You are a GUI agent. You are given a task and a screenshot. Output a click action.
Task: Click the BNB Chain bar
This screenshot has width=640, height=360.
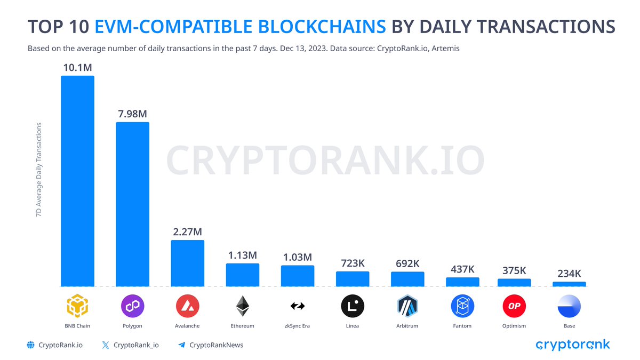pos(77,181)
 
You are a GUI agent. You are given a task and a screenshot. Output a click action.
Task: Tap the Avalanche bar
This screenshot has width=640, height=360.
pos(187,263)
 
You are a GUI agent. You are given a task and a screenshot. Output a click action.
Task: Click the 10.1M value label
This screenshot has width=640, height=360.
pos(77,68)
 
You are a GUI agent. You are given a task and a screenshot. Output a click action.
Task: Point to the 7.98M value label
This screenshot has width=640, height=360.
pos(132,114)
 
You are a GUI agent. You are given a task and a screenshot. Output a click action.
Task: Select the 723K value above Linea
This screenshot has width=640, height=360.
pos(353,263)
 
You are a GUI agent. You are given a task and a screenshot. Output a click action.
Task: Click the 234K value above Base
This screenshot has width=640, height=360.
pos(569,274)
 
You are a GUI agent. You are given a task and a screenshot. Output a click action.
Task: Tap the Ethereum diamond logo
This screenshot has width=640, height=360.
pos(242,306)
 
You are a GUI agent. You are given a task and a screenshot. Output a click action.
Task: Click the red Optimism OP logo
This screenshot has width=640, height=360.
pos(514,306)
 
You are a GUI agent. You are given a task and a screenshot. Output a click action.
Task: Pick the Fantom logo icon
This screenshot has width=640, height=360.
pos(462,306)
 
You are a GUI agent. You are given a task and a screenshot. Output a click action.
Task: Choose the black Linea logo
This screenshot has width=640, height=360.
pos(353,306)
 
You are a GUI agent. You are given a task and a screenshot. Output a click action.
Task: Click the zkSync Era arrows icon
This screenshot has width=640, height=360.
pos(297,306)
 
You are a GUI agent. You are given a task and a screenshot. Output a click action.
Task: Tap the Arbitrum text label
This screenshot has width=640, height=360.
pos(407,326)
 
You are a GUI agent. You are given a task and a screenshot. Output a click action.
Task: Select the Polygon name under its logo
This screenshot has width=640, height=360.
pos(132,326)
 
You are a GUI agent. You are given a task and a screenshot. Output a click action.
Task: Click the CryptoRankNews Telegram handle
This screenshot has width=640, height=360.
pos(216,345)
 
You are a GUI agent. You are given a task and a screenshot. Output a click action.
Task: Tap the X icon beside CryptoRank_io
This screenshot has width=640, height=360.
pos(106,345)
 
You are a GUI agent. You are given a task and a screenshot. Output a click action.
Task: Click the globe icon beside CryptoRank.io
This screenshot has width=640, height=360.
pos(31,345)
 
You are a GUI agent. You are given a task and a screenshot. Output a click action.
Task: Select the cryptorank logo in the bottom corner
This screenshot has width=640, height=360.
pos(572,345)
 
